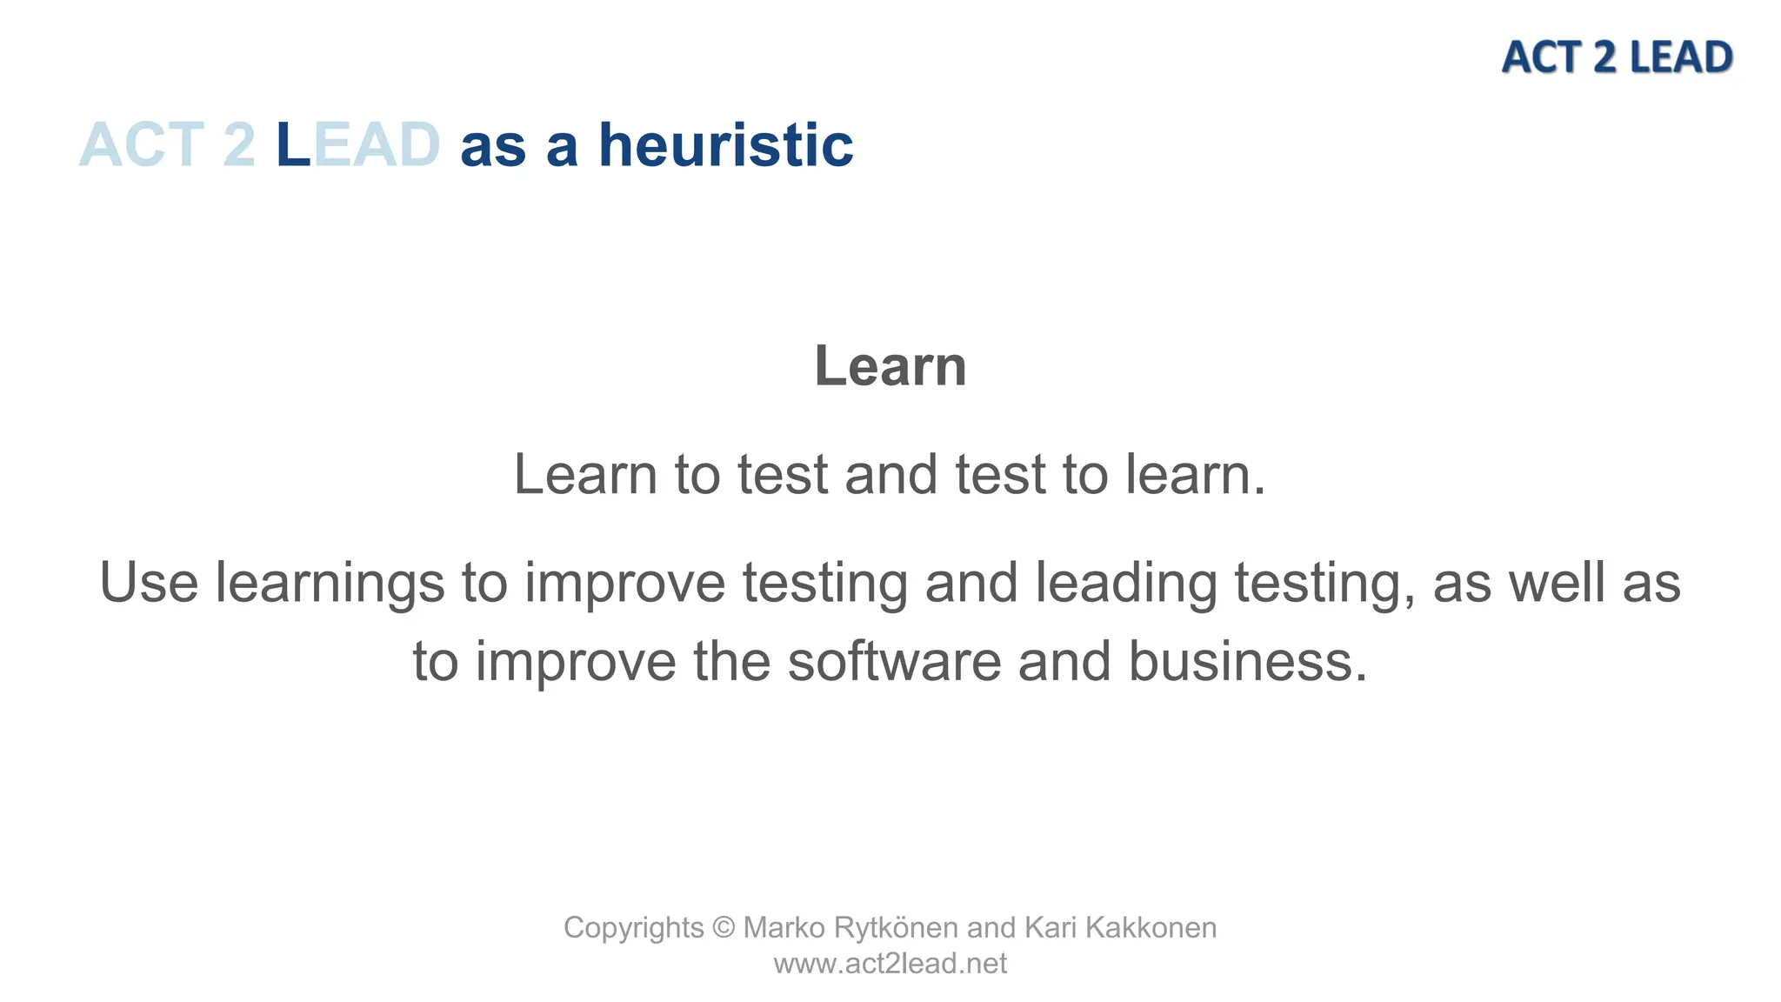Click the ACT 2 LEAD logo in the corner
[x=1617, y=57]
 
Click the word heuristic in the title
[x=725, y=145]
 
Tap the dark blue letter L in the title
[x=292, y=145]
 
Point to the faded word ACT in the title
[x=142, y=145]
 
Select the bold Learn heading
[x=890, y=366]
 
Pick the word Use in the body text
[x=149, y=582]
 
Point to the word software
[x=894, y=661]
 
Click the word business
[x=1248, y=661]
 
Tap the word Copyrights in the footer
[x=633, y=928]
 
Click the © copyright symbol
[x=724, y=928]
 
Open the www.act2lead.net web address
[x=890, y=964]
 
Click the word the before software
[x=731, y=661]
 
